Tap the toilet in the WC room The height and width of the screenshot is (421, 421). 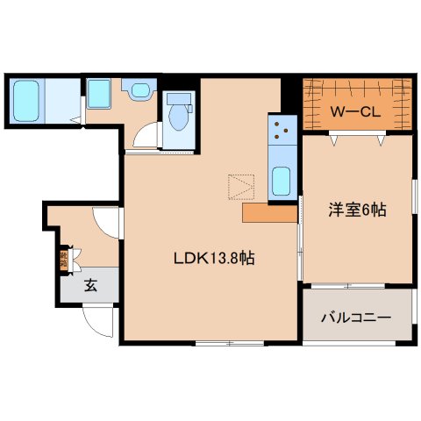pos(180,115)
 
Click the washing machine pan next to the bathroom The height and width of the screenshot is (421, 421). pos(99,94)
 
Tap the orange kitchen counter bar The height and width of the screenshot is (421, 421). pos(269,213)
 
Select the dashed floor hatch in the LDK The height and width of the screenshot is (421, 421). pos(240,185)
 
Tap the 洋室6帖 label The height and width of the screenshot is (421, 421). pos(358,210)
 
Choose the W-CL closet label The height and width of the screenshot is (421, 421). pos(355,111)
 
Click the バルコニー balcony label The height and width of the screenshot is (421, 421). pos(355,317)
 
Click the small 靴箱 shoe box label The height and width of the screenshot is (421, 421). pos(64,259)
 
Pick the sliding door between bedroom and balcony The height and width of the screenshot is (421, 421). pos(355,284)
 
